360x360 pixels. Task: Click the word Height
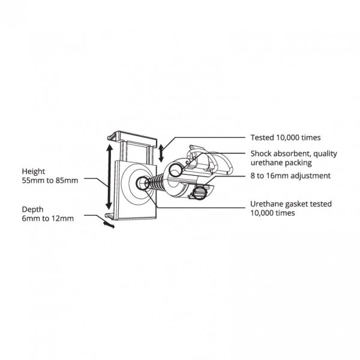coord(33,172)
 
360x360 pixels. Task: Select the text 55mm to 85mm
coord(50,181)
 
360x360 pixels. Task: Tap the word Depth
coord(32,209)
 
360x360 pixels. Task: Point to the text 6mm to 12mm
coord(48,218)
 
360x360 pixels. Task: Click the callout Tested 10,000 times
coord(286,138)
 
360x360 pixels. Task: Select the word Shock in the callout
coord(260,154)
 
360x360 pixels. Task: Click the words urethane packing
coord(281,163)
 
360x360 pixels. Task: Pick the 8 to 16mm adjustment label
coord(290,176)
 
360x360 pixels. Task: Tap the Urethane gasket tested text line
coord(291,204)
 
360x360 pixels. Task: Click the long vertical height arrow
coord(109,177)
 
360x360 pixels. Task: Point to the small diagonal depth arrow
coord(109,224)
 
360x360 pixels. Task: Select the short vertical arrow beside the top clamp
coord(161,153)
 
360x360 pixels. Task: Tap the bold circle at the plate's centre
coord(142,183)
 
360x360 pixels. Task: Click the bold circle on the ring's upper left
coord(176,170)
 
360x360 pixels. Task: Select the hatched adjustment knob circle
coord(199,193)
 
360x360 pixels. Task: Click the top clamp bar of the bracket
coord(133,137)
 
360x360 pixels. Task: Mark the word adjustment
coord(310,176)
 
